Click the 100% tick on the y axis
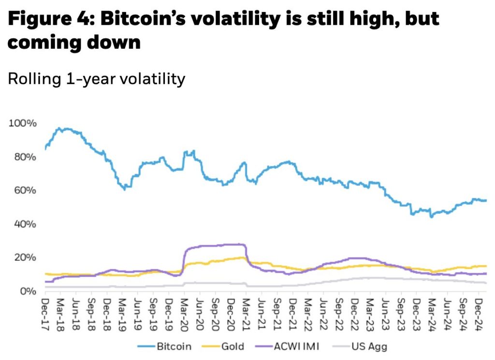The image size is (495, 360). click(x=22, y=123)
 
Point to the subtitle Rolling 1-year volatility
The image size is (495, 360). click(x=97, y=78)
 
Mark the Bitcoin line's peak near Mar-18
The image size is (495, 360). click(x=59, y=128)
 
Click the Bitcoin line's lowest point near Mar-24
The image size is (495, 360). click(x=431, y=217)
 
